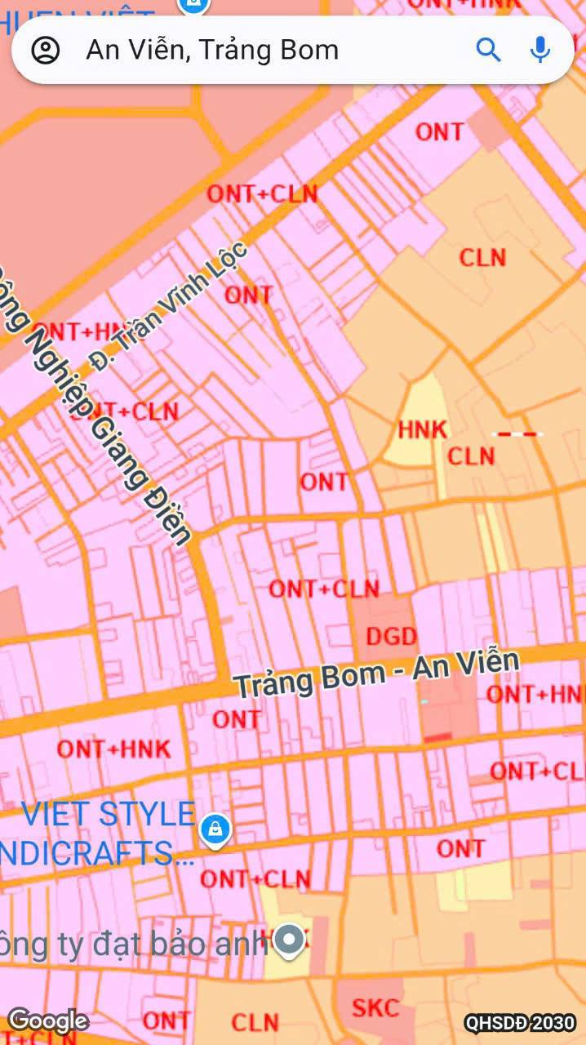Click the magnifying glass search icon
(x=488, y=50)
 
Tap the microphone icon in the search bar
(x=539, y=50)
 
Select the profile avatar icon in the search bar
(x=46, y=50)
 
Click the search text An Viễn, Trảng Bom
(x=212, y=50)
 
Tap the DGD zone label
(x=392, y=636)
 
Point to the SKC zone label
(x=375, y=1007)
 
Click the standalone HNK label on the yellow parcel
(x=423, y=429)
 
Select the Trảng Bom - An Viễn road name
(x=377, y=674)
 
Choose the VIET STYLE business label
(x=108, y=814)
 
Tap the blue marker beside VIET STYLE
(x=215, y=830)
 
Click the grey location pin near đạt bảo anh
(x=289, y=940)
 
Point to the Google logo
(x=48, y=1021)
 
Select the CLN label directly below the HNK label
(x=471, y=456)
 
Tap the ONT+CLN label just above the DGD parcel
(x=324, y=588)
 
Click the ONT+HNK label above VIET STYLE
(x=113, y=749)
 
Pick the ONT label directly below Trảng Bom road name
(x=237, y=719)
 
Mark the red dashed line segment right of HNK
(x=518, y=434)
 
